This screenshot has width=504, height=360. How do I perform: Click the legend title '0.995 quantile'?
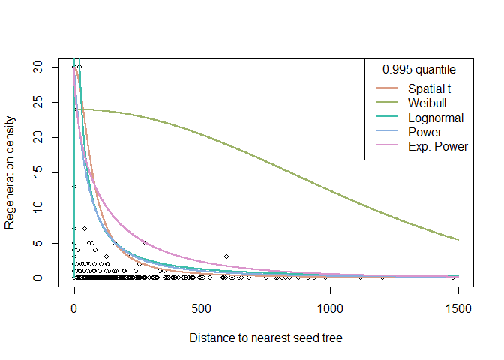419,70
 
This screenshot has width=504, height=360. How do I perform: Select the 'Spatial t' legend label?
430,90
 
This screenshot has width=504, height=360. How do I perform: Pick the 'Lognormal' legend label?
436,118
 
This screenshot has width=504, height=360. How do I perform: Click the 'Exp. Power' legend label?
438,147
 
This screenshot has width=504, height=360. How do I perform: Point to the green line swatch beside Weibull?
387,104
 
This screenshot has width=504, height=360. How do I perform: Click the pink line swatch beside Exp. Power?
387,147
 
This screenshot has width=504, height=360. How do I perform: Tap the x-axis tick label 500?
202,307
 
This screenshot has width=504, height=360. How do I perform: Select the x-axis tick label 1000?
330,307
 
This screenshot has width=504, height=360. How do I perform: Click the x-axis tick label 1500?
458,307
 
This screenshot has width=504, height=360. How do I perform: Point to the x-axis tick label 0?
74,307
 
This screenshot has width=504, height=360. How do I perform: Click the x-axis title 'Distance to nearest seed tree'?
265,338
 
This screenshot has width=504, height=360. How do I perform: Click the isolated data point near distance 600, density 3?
226,256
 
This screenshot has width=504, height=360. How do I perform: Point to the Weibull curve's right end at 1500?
457,239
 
